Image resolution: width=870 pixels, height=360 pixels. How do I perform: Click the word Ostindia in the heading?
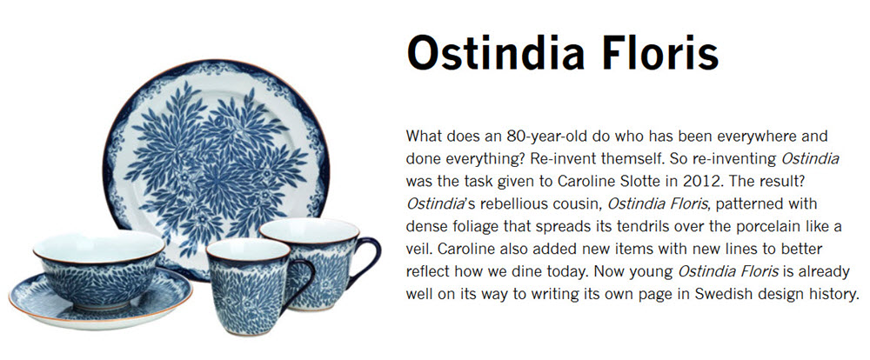click(496, 51)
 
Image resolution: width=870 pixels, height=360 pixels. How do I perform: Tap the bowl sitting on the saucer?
click(99, 269)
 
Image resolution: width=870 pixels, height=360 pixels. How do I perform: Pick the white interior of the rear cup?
click(309, 230)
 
